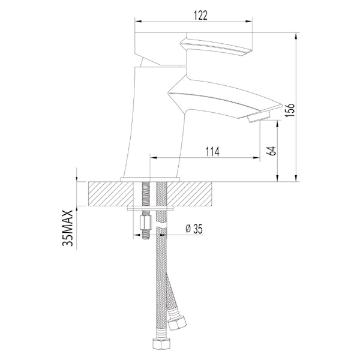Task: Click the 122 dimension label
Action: click(x=200, y=16)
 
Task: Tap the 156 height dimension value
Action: click(x=290, y=110)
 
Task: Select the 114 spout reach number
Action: click(x=212, y=152)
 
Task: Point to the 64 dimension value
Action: click(x=272, y=151)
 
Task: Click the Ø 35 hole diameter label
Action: click(x=194, y=229)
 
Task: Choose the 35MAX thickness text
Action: click(x=67, y=228)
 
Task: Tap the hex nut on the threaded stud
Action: click(x=145, y=222)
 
